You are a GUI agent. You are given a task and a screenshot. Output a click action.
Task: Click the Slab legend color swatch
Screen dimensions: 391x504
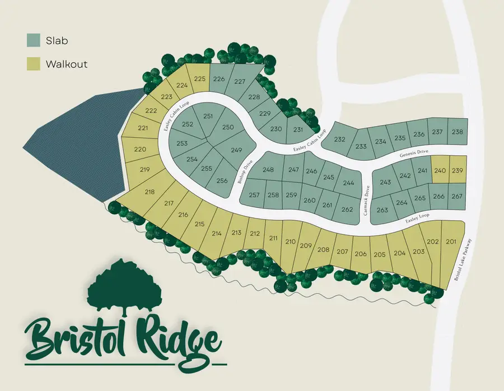coord(33,40)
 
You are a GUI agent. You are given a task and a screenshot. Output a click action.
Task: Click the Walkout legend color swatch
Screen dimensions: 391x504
coord(33,64)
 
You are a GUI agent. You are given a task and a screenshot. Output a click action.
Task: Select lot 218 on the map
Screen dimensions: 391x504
coord(150,192)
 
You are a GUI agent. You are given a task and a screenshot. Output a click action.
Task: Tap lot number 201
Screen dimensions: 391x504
coord(451,241)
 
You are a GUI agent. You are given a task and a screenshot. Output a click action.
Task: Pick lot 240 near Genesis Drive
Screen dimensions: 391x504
coord(440,170)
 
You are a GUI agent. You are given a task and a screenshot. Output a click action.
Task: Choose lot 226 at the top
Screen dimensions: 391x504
coord(219,79)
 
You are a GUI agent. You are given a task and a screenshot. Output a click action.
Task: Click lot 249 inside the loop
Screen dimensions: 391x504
coord(236,150)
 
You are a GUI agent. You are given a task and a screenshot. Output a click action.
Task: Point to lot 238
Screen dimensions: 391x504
coord(458,132)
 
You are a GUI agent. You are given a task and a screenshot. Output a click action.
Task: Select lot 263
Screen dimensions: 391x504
coord(382,210)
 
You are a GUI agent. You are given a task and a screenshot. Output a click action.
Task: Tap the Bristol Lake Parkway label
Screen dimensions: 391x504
coord(463,260)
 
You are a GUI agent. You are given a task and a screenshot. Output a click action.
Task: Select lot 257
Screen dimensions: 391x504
coord(255,195)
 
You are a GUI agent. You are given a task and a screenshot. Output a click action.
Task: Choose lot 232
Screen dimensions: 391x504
coord(339,139)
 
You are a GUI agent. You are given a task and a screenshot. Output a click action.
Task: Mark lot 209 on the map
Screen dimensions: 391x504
coord(306,245)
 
